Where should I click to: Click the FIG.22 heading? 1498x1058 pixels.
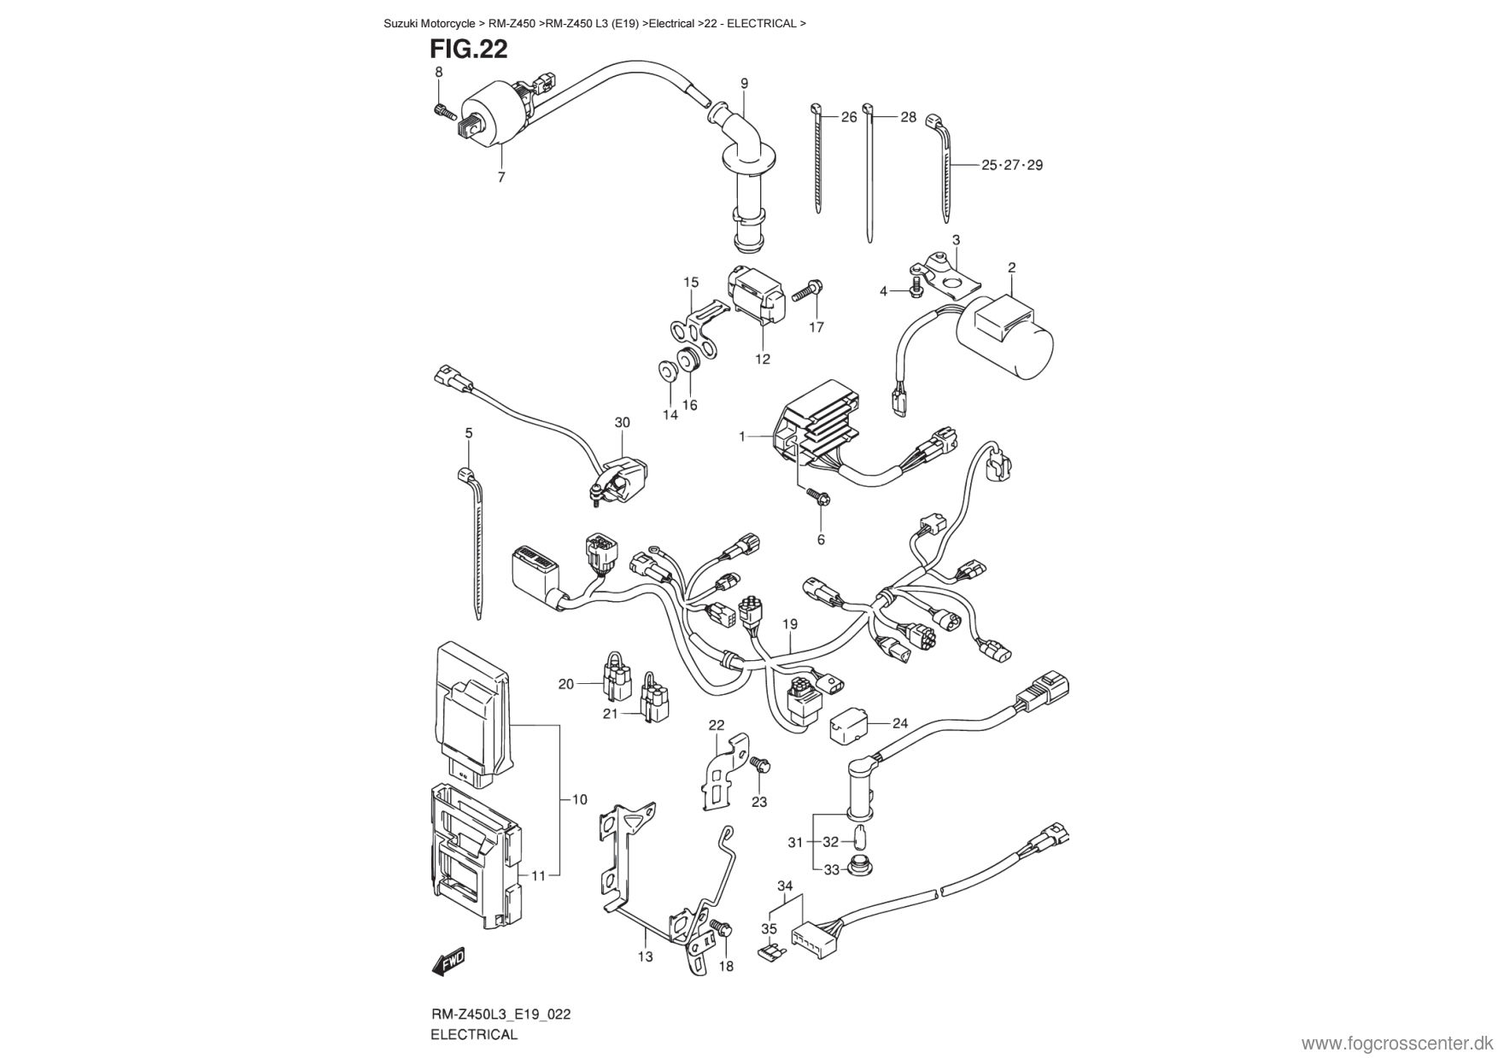(x=469, y=50)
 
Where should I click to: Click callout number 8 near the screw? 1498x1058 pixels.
(x=439, y=73)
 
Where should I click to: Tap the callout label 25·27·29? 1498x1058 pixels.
(x=1012, y=165)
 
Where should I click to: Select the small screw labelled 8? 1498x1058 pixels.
(x=445, y=110)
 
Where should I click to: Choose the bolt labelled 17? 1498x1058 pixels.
(x=807, y=292)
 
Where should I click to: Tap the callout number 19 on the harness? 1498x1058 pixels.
(x=789, y=624)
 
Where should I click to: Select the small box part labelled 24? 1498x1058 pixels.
(x=849, y=722)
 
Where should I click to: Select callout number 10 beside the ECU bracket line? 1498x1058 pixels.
(x=579, y=799)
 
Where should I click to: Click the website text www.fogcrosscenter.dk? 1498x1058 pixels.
(x=1397, y=1044)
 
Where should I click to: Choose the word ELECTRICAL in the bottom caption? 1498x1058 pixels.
(x=474, y=1034)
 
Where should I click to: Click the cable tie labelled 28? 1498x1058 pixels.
(x=869, y=171)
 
